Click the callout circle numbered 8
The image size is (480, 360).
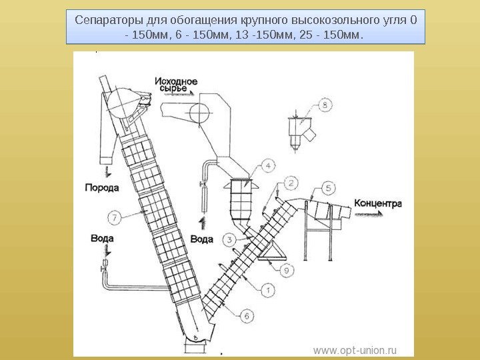pyautogui.click(x=325, y=105)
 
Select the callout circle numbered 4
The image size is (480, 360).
pyautogui.click(x=267, y=164)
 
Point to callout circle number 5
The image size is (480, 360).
pyautogui.click(x=329, y=187)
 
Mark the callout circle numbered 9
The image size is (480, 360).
pyautogui.click(x=285, y=269)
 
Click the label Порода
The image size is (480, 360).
pyautogui.click(x=101, y=187)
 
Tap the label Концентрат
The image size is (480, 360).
pyautogui.click(x=379, y=203)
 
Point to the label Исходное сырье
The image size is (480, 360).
pyautogui.click(x=175, y=85)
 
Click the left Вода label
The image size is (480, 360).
pyautogui.click(x=102, y=238)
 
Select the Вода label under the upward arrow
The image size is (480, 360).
pyautogui.click(x=202, y=239)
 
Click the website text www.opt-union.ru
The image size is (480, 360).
pyautogui.click(x=355, y=349)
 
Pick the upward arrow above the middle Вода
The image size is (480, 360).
pyautogui.click(x=202, y=222)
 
